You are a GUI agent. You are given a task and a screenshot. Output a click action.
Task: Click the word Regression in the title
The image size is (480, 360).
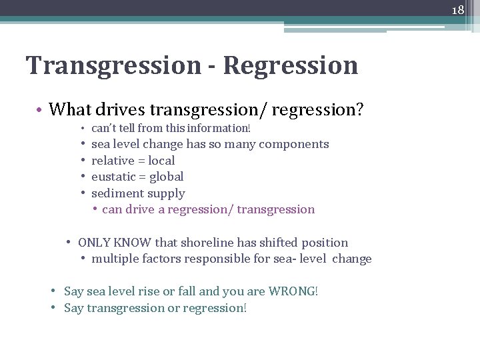point(291,65)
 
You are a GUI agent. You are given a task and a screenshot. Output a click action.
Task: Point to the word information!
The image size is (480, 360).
point(221,127)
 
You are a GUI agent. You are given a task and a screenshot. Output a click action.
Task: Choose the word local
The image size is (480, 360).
point(162,161)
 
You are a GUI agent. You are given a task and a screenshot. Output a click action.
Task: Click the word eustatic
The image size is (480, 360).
point(113,177)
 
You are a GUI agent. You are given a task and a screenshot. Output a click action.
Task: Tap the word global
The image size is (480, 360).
point(167,177)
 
